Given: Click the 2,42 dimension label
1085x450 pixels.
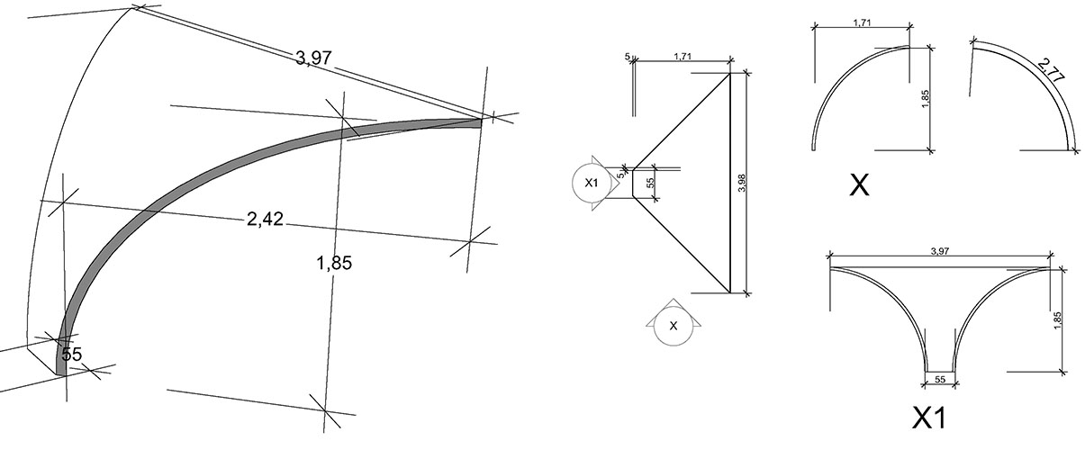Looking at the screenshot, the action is click(265, 219).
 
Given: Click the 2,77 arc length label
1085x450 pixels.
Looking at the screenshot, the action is click(1052, 70).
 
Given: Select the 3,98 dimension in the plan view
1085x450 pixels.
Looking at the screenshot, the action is click(741, 183).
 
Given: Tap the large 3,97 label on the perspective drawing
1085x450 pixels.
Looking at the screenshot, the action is click(313, 58).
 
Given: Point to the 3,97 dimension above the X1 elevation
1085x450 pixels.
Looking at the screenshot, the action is click(940, 251).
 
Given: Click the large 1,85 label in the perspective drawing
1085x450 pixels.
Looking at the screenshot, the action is click(334, 263).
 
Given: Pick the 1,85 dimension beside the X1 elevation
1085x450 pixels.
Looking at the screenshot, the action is click(1057, 320).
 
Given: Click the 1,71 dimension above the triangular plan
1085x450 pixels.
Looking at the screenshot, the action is click(683, 56).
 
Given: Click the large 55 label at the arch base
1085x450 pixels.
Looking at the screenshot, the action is click(72, 355).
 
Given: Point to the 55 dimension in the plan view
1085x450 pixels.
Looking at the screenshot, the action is click(650, 183).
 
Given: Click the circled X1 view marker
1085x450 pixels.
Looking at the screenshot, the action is click(591, 183).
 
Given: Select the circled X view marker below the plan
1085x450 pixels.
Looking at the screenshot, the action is click(673, 326).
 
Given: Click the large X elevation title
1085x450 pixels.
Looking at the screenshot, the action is click(859, 185).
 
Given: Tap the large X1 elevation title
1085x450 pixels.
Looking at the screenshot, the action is click(929, 418).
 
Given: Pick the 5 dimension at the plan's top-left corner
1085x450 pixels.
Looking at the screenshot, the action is click(628, 56).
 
